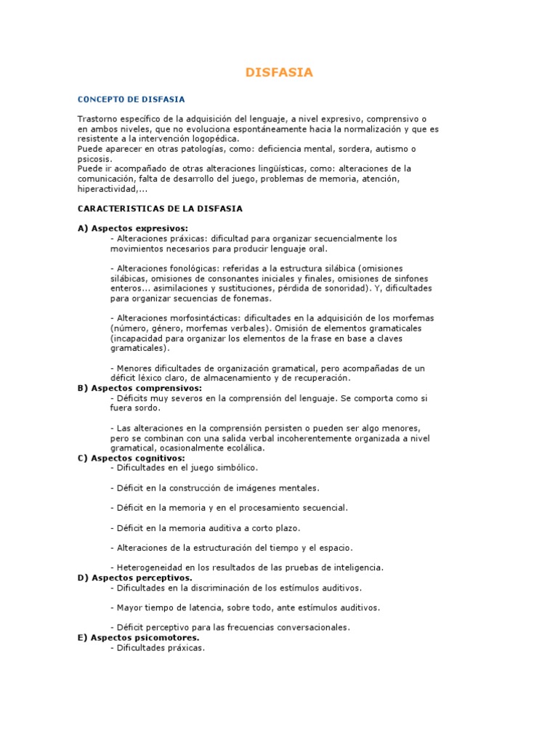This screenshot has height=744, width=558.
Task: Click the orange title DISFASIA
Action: point(279,73)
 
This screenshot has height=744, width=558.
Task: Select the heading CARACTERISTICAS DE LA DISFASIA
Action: point(160,209)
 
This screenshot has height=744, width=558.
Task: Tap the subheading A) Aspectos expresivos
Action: point(132,228)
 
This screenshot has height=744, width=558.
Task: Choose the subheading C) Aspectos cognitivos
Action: point(131,458)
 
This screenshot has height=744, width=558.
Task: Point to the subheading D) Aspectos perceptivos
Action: point(134,578)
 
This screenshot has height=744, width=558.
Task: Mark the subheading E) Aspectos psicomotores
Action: point(138,637)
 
